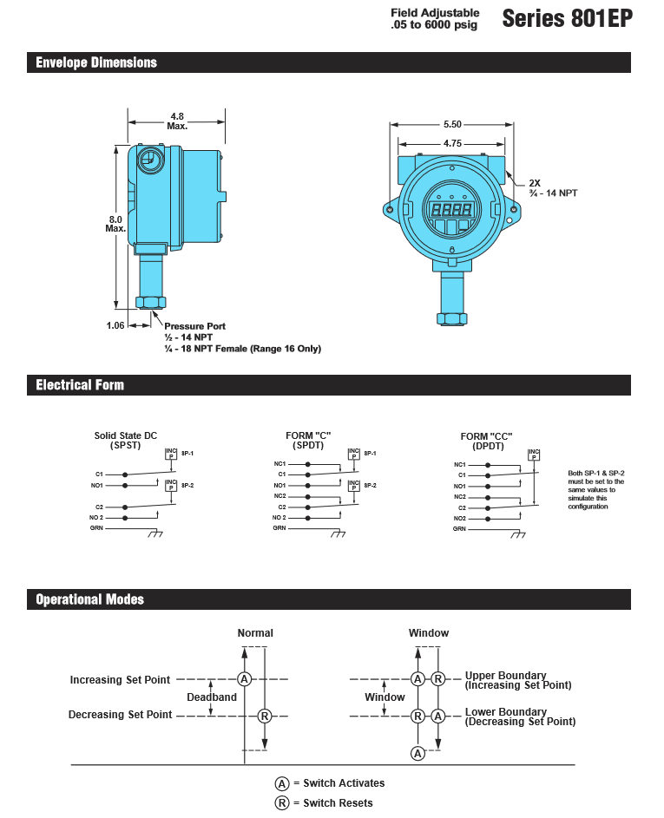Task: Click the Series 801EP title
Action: tap(566, 19)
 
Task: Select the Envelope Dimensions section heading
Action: tap(96, 62)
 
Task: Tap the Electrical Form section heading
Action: tap(80, 385)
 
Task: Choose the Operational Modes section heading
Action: tap(89, 599)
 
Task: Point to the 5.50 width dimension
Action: tap(452, 125)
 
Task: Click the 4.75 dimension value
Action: tap(452, 143)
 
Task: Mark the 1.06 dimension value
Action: tap(115, 325)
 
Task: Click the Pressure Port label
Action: tap(194, 326)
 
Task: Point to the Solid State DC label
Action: tap(126, 435)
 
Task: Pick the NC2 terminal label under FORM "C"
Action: tap(280, 496)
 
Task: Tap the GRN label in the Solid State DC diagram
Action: tap(96, 528)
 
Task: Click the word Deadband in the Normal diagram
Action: tap(212, 697)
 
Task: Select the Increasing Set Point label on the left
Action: tap(120, 680)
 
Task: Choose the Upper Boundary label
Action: tap(506, 675)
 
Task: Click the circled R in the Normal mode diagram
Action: tap(265, 716)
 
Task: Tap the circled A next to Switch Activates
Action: tap(282, 782)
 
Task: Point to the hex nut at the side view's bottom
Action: tap(151, 303)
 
